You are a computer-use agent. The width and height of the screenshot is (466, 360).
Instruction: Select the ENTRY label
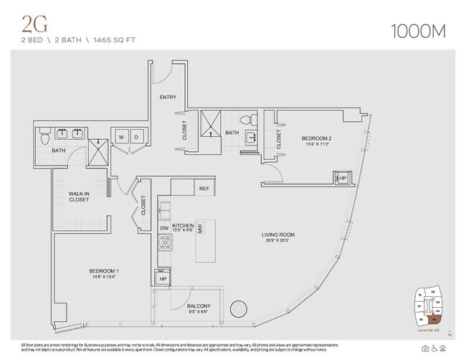point(168,97)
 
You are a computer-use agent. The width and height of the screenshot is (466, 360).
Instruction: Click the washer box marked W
point(121,136)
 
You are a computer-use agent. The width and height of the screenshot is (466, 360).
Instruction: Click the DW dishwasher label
point(164,228)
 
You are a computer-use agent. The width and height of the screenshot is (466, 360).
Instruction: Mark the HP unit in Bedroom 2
point(341,178)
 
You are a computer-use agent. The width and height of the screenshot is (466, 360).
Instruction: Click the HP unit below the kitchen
point(163,278)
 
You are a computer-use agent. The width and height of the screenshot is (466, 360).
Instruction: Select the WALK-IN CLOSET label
point(79,196)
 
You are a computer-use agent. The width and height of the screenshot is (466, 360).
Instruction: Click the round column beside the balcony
point(239,310)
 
